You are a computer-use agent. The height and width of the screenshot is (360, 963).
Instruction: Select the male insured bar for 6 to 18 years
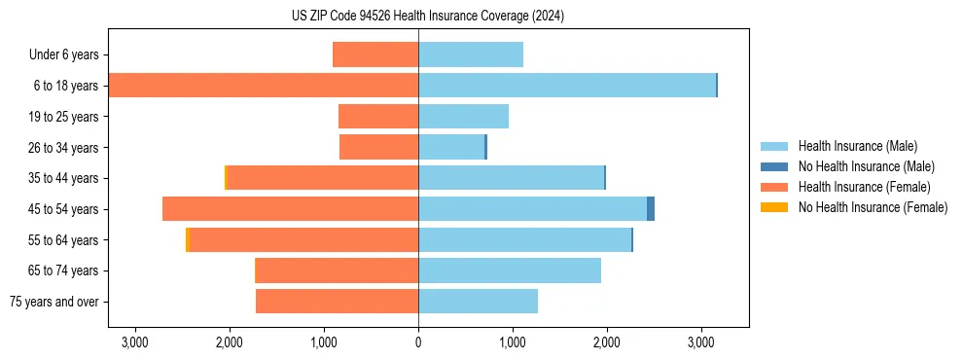point(567,86)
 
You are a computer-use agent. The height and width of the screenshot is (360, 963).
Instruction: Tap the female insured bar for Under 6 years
point(375,54)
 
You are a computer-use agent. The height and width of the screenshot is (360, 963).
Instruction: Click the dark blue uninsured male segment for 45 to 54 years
point(651,209)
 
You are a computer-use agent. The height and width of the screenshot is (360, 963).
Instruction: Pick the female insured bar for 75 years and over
point(337,302)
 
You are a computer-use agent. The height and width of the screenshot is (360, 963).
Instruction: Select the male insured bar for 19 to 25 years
point(463,117)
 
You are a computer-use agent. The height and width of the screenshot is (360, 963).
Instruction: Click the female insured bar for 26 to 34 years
point(378,147)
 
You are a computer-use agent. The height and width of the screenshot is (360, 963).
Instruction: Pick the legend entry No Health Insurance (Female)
point(873,207)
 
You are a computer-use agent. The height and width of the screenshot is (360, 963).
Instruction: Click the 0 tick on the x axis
point(418,343)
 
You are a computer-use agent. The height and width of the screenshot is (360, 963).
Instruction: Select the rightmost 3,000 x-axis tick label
point(701,343)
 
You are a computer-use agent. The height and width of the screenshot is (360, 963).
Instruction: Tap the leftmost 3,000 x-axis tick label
point(134,343)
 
